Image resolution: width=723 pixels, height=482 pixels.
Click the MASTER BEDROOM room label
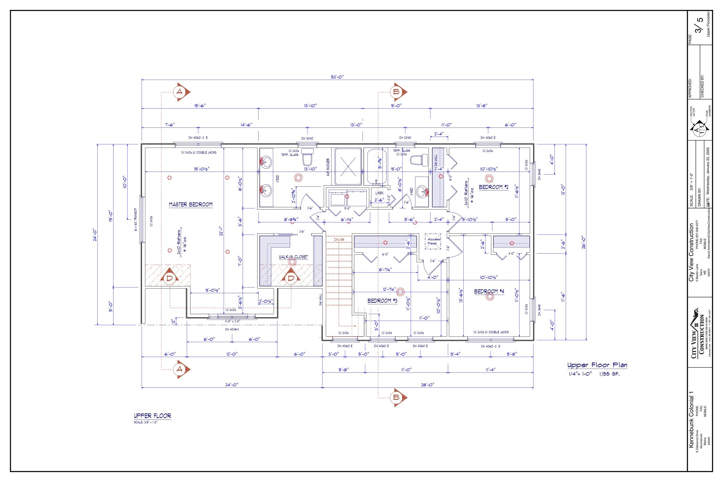pyautogui.click(x=191, y=204)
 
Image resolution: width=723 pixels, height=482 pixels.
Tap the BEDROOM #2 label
pyautogui.click(x=494, y=187)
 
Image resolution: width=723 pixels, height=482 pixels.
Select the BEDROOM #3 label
pyautogui.click(x=382, y=301)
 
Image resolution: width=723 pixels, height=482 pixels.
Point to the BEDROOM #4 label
pyautogui.click(x=489, y=291)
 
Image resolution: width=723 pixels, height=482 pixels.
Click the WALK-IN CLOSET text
pyautogui.click(x=293, y=257)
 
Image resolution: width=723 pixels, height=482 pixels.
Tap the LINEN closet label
pyautogui.click(x=379, y=193)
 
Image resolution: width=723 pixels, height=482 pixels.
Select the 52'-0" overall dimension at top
pyautogui.click(x=337, y=77)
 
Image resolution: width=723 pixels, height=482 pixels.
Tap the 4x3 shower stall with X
pyautogui.click(x=348, y=166)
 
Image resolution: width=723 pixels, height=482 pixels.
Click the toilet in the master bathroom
pyautogui.click(x=307, y=156)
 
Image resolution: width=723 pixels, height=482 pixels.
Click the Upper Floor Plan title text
pyautogui.click(x=597, y=365)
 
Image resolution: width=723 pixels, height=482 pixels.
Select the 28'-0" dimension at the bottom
pyautogui.click(x=427, y=385)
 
